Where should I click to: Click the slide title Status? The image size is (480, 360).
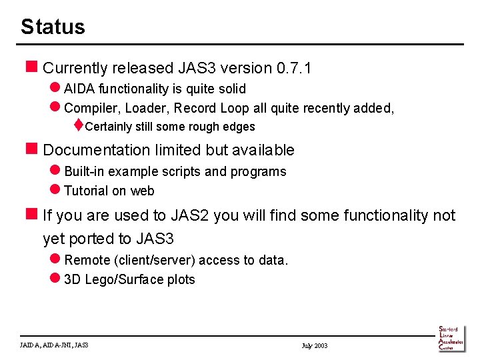pyautogui.click(x=53, y=27)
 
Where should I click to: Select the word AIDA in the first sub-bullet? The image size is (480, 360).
pyautogui.click(x=80, y=89)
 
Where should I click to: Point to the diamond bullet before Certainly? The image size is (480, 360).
pyautogui.click(x=78, y=126)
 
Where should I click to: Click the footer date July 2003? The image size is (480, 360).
pyautogui.click(x=315, y=345)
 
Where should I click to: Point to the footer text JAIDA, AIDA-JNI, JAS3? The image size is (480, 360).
pyautogui.click(x=55, y=345)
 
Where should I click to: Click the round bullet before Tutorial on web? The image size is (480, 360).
pyautogui.click(x=55, y=191)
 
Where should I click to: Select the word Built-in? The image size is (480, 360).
pyautogui.click(x=84, y=171)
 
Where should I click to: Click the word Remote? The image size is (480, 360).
pyautogui.click(x=87, y=260)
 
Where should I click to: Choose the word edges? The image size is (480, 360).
pyautogui.click(x=239, y=127)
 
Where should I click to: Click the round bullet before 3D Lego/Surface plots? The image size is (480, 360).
pyautogui.click(x=55, y=279)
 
